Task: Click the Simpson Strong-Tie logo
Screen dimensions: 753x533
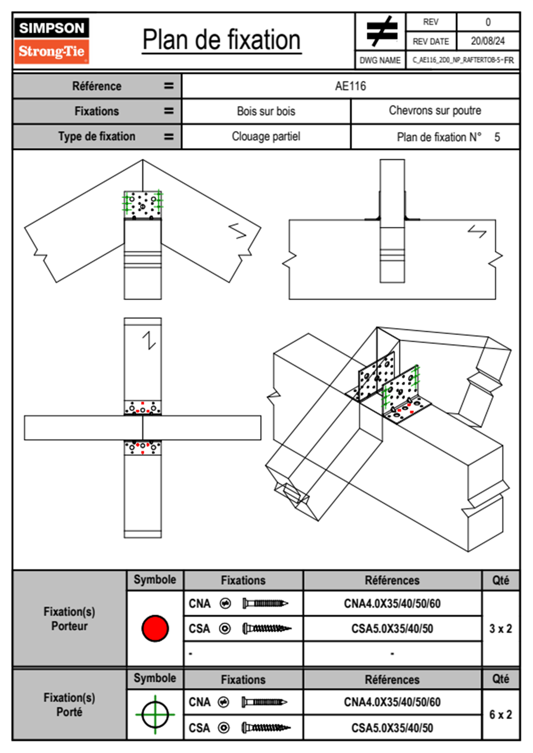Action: (x=52, y=41)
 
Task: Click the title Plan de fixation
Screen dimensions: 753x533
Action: (x=221, y=40)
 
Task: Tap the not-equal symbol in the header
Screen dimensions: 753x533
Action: (x=381, y=31)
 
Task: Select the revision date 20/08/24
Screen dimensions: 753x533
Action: (x=487, y=41)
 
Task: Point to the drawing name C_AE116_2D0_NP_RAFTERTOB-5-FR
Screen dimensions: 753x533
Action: (x=463, y=60)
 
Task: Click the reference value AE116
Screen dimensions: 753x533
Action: (x=350, y=86)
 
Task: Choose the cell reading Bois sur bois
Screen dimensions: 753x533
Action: (x=266, y=111)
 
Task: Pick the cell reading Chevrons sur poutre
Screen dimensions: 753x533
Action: (x=435, y=111)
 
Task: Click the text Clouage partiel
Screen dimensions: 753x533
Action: (x=266, y=137)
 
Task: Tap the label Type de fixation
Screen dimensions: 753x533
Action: (x=97, y=137)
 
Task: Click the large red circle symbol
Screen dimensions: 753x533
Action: (x=155, y=628)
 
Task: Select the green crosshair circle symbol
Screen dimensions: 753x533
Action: (x=155, y=714)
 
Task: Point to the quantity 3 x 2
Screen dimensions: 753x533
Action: (x=500, y=629)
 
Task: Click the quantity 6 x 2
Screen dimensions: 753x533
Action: (x=500, y=714)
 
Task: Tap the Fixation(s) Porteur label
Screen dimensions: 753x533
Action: (x=69, y=619)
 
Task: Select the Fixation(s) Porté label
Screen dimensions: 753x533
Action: (x=69, y=705)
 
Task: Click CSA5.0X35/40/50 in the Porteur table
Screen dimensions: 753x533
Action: (x=392, y=629)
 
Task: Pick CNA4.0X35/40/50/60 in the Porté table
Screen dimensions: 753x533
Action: (x=392, y=702)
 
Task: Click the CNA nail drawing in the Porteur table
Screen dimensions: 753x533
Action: (x=265, y=603)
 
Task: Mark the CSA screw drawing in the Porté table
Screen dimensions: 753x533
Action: (x=266, y=728)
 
